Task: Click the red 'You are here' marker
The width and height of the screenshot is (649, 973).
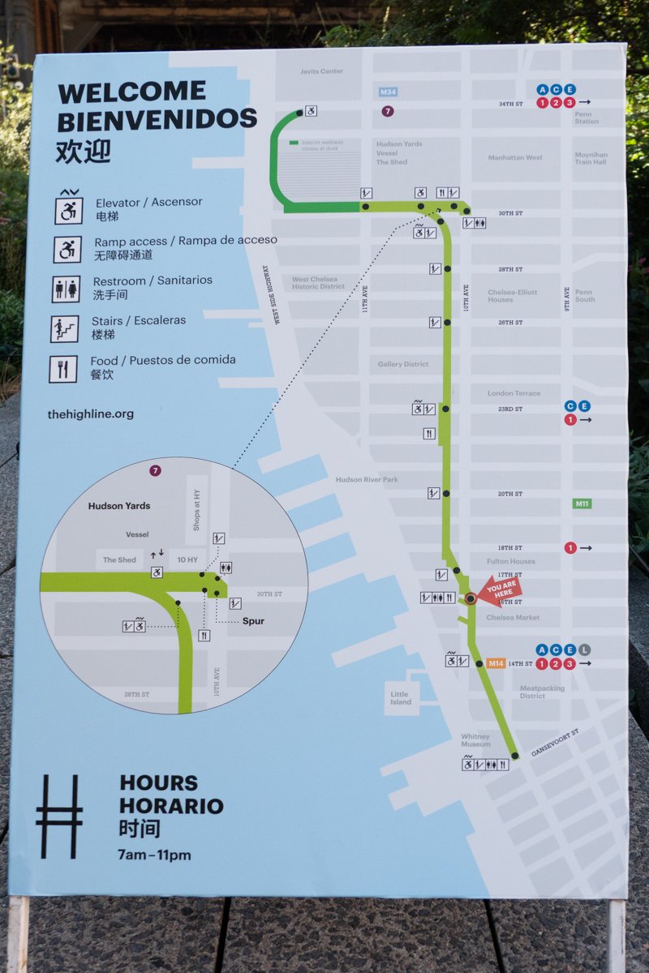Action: [x=499, y=591]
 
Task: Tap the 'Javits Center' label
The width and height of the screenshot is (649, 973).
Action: [x=321, y=71]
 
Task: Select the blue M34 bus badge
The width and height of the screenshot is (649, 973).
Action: [x=388, y=92]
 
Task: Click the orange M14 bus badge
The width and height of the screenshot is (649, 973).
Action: [x=496, y=663]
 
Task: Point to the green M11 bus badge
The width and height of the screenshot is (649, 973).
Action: [x=582, y=504]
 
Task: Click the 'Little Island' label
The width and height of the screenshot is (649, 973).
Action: [x=400, y=698]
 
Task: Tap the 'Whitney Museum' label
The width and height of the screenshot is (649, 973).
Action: [x=475, y=740]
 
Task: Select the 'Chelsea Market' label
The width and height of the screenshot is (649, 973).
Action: [x=512, y=617]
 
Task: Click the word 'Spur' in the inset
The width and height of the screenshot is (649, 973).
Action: [x=254, y=621]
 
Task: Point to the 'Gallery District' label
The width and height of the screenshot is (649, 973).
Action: [x=402, y=364]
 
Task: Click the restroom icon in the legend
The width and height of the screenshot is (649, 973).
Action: [x=66, y=289]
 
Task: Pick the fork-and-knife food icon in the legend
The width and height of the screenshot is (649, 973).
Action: [x=63, y=369]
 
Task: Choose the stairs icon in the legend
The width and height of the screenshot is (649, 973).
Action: [x=65, y=328]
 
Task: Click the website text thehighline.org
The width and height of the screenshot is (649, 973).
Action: [x=90, y=414]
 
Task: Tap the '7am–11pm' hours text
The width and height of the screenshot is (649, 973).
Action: [x=155, y=855]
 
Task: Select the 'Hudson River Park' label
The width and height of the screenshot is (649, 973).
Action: [x=367, y=480]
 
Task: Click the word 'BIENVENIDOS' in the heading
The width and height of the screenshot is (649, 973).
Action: [x=157, y=120]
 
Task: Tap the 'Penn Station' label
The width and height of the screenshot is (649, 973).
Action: [x=587, y=118]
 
